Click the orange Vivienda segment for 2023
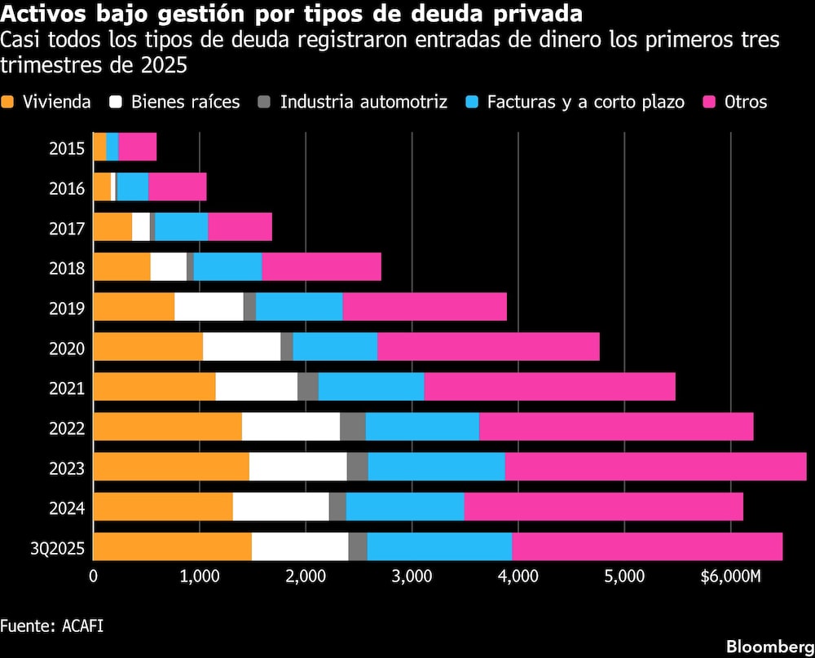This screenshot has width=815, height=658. click(x=171, y=467)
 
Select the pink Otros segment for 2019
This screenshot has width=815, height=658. click(x=424, y=307)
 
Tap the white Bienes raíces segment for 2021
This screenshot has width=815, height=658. click(x=256, y=387)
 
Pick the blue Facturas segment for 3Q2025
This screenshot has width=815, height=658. click(x=439, y=547)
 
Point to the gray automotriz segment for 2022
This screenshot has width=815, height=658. click(x=352, y=427)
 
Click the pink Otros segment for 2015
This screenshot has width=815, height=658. click(x=137, y=147)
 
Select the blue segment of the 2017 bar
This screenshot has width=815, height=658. click(x=181, y=227)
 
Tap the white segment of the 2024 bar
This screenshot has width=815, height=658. click(x=280, y=507)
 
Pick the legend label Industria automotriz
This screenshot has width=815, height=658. click(x=363, y=103)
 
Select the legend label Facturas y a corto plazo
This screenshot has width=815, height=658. click(x=585, y=103)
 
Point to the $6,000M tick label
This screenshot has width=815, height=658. click(x=730, y=577)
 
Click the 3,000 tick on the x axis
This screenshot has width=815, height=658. click(x=412, y=577)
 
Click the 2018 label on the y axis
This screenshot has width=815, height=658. click(x=67, y=268)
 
